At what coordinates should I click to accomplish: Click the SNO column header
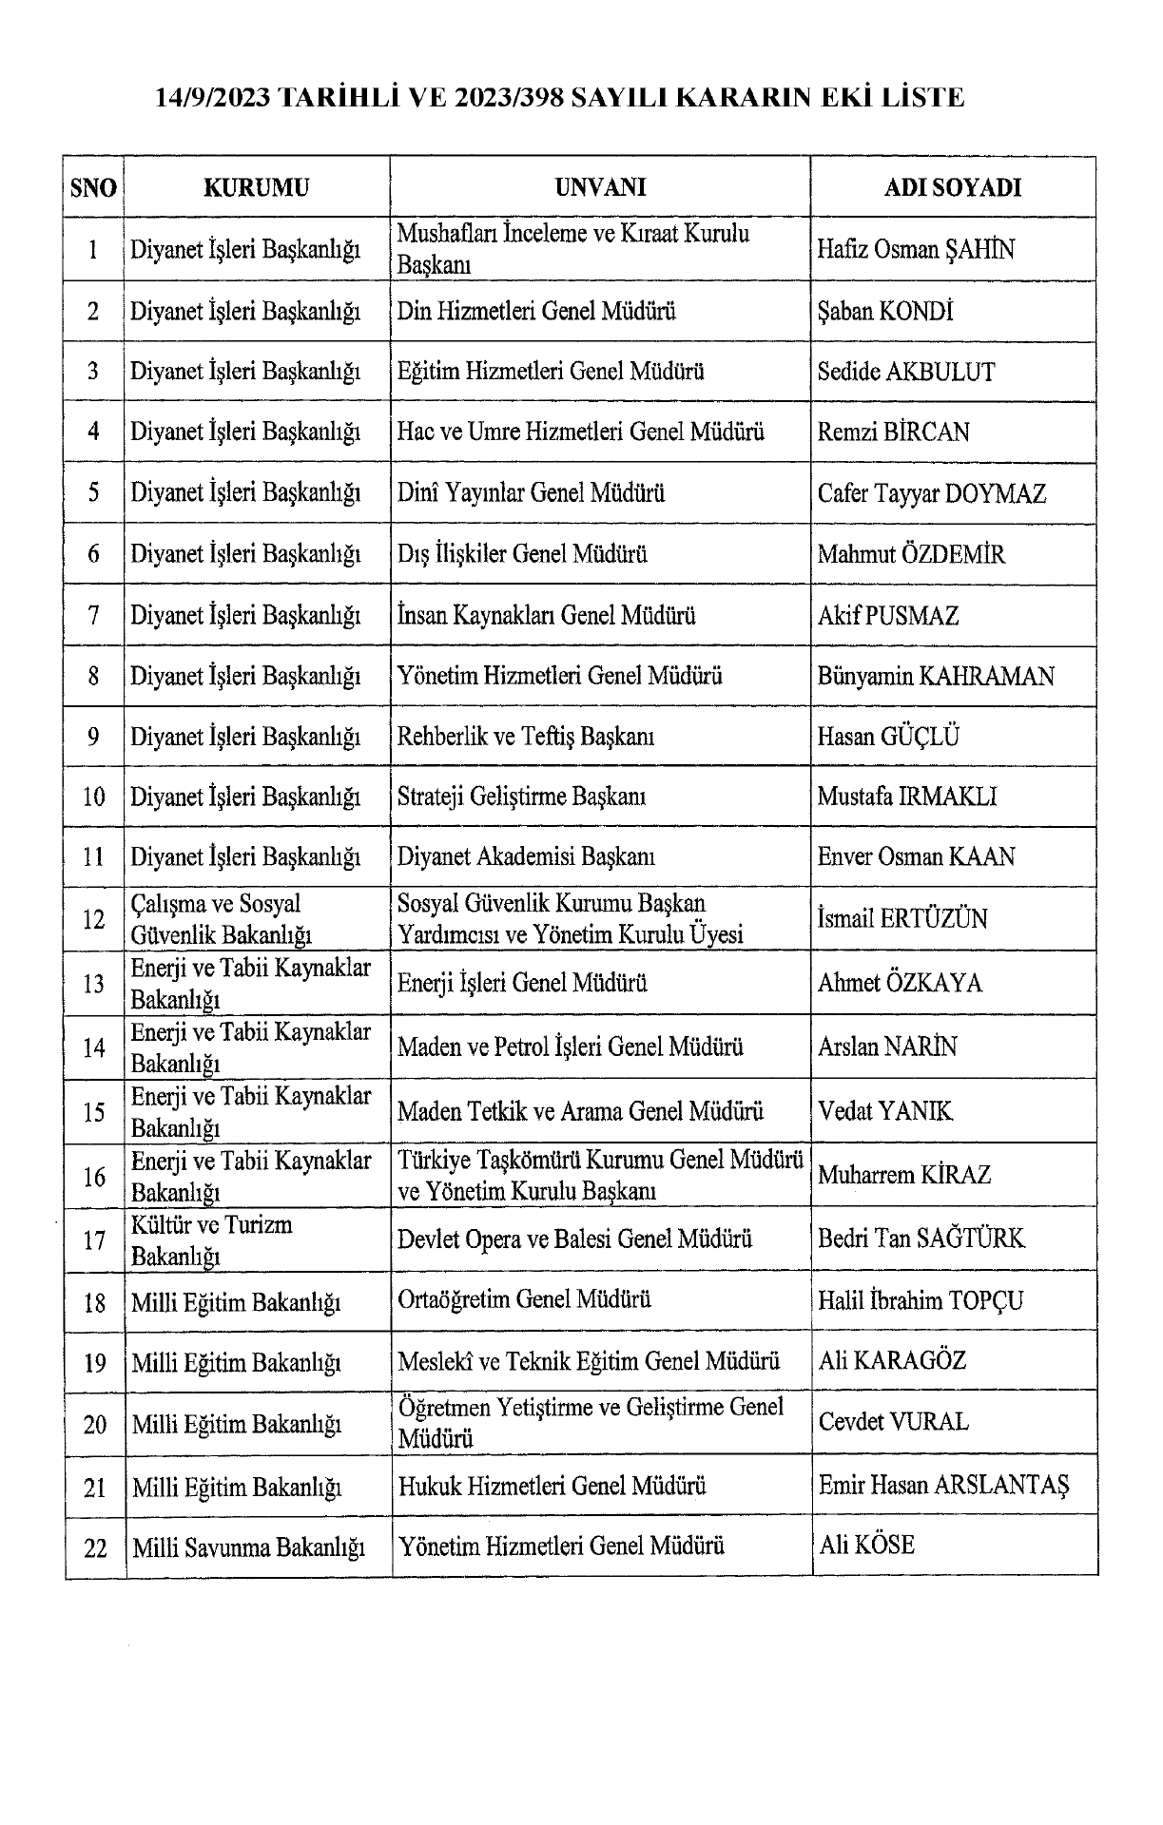(93, 187)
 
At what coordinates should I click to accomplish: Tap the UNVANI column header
(600, 187)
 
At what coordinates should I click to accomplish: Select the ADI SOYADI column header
(953, 187)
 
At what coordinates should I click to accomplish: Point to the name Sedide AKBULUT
(905, 372)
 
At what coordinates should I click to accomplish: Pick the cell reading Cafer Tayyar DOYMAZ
(931, 493)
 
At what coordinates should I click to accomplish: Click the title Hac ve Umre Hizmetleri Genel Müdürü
(580, 432)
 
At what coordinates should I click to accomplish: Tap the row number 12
(93, 919)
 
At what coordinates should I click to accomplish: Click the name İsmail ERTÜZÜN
(902, 919)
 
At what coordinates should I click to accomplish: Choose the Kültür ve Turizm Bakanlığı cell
(212, 1239)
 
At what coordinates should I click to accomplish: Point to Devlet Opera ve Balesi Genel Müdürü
(574, 1239)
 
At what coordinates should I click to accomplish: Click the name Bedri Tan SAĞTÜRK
(921, 1239)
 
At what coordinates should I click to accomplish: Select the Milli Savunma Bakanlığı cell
(248, 1546)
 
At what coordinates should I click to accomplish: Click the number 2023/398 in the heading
(495, 97)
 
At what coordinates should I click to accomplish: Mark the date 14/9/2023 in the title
(213, 97)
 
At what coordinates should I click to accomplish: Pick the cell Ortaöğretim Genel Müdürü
(524, 1299)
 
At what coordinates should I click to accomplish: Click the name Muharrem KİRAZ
(903, 1175)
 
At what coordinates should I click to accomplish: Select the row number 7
(93, 616)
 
